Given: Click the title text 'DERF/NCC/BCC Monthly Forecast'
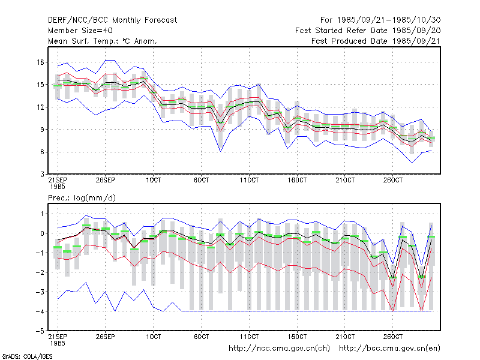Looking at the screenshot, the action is pos(112,20).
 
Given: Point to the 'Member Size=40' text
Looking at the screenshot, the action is pos(80,31).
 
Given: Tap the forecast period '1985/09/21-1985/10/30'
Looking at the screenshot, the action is pos(389,20).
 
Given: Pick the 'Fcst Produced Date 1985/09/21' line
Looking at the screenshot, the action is pos(376,41).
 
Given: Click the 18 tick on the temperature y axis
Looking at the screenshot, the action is pos(40,62).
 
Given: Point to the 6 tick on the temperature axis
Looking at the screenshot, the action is pos(42,152).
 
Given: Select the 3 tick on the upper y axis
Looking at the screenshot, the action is pos(42,175).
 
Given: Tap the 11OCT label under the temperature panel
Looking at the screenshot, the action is pos(249,181).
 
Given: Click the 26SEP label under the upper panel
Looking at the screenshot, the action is pos(106,181).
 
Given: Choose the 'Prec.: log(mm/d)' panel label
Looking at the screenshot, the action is pos(82,198).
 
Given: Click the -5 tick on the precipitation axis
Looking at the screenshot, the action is pos(40,331).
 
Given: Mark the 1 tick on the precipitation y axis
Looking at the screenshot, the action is pos(43,214).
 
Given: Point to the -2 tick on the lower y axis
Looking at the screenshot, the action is pos(40,272).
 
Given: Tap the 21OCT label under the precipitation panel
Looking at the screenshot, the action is pos(345,337).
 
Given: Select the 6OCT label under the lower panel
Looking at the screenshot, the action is pos(202,337).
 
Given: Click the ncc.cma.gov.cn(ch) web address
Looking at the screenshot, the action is pos(279,349).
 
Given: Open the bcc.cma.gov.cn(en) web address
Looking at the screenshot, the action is pos(389,349).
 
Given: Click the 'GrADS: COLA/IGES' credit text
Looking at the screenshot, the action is pos(27,356).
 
